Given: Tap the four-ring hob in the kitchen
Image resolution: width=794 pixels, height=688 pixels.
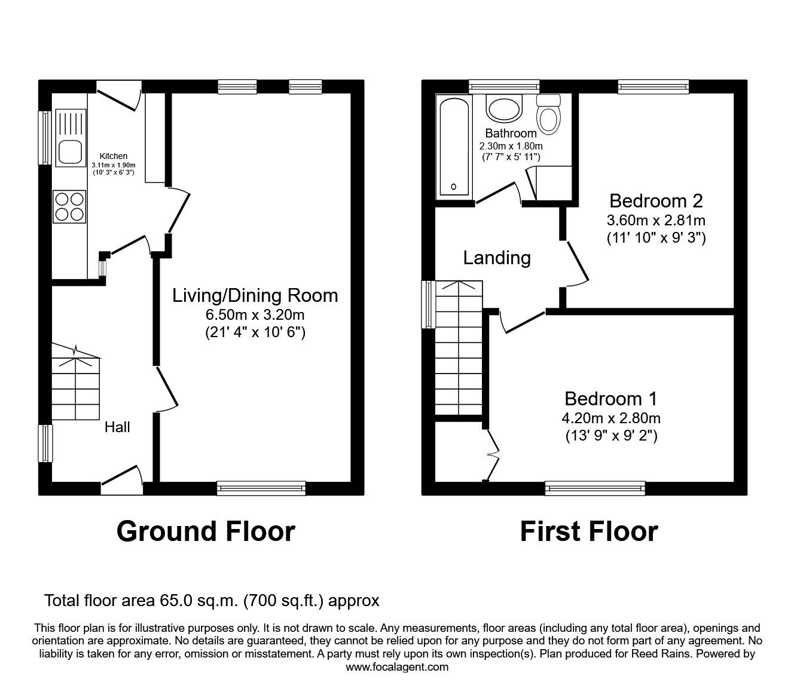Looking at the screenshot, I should (x=69, y=206).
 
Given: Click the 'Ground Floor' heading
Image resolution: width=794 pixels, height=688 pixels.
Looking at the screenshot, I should (x=206, y=531).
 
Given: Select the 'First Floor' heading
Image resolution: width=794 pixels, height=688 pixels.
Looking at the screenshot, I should (x=588, y=531).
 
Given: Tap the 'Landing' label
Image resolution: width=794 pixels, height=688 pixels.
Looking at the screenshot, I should (x=497, y=258).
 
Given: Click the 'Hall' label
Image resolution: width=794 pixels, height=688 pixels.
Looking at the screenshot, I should (x=117, y=427).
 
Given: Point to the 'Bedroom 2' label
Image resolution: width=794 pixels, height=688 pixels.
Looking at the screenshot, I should (x=655, y=200).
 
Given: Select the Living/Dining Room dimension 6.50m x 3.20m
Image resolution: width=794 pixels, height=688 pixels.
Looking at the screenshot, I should (x=255, y=315).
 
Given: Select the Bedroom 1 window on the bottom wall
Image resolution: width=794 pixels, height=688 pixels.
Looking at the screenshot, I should (x=595, y=489).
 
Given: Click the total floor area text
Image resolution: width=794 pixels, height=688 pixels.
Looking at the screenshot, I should (x=212, y=600).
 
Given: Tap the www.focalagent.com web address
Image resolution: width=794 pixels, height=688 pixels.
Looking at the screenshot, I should (x=397, y=667).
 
